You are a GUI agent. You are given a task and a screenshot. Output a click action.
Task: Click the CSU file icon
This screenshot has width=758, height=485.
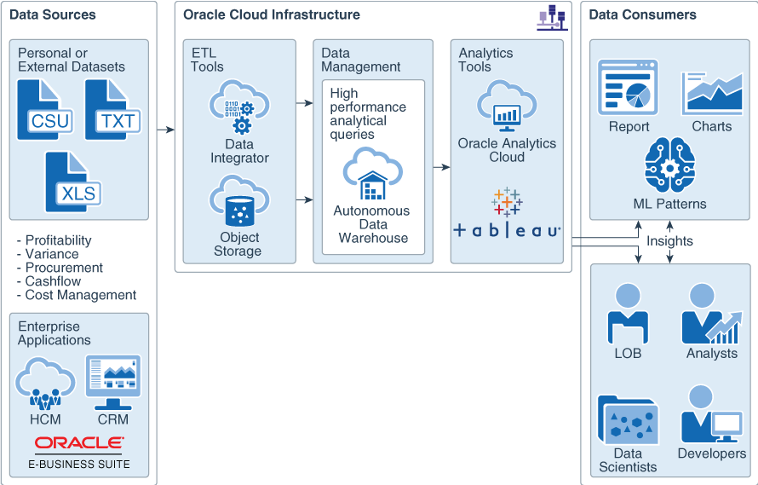[44, 110]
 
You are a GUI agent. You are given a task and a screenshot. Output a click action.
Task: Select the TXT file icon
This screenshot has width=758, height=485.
[112, 110]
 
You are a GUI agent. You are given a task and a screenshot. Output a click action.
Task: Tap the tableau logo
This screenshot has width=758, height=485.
[507, 217]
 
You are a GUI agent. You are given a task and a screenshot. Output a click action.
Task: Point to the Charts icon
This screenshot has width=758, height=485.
[712, 93]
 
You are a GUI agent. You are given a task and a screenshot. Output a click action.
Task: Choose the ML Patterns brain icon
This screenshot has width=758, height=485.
[670, 167]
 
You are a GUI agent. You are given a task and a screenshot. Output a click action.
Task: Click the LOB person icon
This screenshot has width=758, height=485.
[628, 314]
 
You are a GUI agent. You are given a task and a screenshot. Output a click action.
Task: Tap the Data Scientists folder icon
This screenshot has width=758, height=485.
[628, 420]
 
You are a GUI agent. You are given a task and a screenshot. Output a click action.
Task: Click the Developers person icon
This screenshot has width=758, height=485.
[710, 414]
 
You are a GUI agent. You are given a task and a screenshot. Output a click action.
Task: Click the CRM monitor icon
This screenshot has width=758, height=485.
[112, 383]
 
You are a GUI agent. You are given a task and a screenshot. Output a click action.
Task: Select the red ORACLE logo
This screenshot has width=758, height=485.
[79, 443]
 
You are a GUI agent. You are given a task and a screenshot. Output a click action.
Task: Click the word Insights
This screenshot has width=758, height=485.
[669, 241]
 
